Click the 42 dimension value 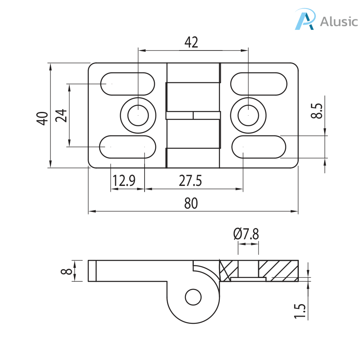(191, 42)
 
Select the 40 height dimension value (41, 118)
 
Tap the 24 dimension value (61, 116)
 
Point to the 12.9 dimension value (124, 181)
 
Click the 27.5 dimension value (190, 181)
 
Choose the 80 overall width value (191, 204)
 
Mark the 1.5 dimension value (300, 310)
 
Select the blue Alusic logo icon (304, 20)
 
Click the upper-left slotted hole (127, 84)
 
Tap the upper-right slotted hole (258, 84)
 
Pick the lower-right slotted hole (258, 147)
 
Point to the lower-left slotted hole (127, 147)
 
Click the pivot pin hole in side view (193, 297)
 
